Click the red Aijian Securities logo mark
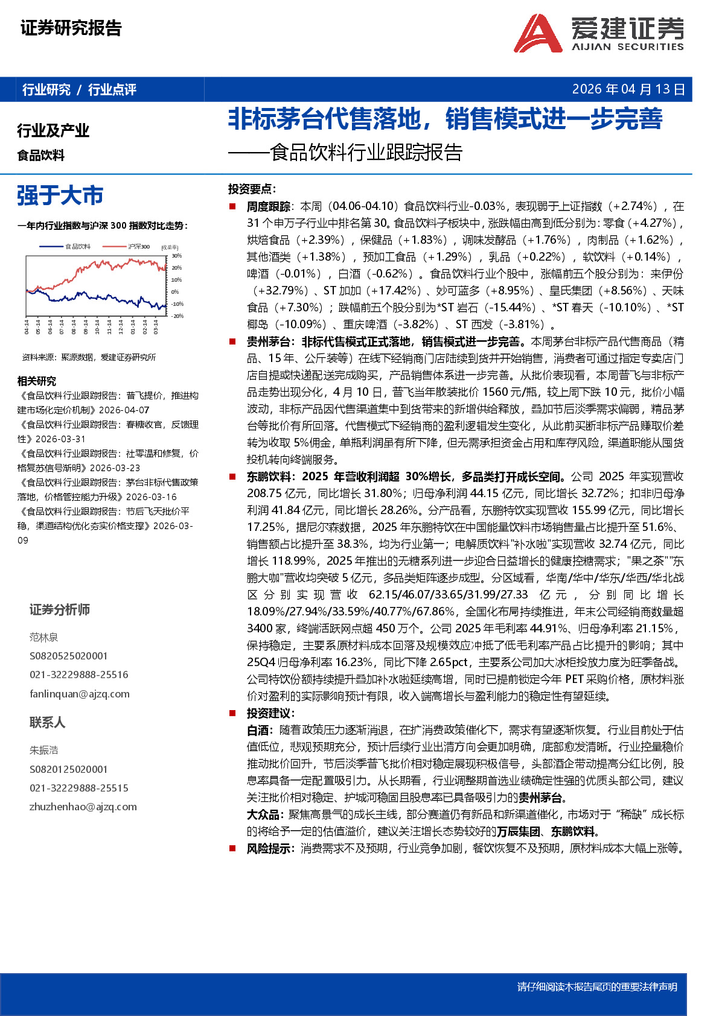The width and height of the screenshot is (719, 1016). pos(538,34)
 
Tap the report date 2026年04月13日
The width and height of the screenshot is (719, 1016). pos(628,89)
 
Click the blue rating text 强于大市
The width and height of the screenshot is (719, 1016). pos(60,195)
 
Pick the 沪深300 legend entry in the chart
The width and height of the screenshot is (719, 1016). pos(138,246)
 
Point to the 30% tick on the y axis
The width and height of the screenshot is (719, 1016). pos(176,256)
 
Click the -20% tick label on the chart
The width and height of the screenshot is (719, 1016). pos(177,316)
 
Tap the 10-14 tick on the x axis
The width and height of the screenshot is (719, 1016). pos(98,326)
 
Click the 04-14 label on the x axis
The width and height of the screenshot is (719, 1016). pos(27,326)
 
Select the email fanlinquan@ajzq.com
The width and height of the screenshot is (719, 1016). pos(80,694)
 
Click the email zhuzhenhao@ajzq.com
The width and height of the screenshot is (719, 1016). pos(83,807)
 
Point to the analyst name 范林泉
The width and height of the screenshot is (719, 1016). pos(44,637)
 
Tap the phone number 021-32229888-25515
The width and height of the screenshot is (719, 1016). pos(79,788)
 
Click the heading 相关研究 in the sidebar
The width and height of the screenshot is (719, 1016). pos(37,381)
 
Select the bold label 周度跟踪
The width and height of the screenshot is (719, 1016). pos(268,206)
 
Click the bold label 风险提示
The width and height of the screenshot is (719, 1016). pos(268,848)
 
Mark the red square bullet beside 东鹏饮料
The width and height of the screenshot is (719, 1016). pos(232,477)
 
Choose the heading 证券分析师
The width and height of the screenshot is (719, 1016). pos(60,609)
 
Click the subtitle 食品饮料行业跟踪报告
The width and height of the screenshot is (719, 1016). pos(366,153)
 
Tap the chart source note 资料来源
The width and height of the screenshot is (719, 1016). pos(89,357)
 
